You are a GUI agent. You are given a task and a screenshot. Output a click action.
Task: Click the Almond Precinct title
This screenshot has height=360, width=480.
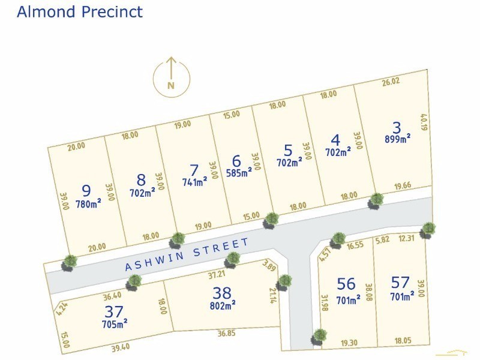point(80,11)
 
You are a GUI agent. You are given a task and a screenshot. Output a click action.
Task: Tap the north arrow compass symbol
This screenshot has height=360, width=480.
point(171,77)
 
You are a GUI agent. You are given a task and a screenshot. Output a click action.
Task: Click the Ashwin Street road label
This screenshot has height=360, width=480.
point(187,255)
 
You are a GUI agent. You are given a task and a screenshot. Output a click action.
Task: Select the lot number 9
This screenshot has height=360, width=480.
point(86,191)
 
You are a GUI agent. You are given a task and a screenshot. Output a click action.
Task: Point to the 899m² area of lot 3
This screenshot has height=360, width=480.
point(397,139)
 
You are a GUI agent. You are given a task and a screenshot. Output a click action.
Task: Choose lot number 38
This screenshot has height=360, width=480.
point(221,293)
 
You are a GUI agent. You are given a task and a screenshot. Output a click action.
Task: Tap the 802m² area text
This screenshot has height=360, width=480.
point(221,305)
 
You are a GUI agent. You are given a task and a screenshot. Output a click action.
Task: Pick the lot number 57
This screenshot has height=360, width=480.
point(400,282)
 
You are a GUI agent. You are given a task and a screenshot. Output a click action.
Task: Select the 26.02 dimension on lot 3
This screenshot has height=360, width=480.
point(391,82)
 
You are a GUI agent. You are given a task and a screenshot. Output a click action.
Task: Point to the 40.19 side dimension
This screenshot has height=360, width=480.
point(424,123)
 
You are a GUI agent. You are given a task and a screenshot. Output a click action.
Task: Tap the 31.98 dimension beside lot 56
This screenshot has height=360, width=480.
point(325,304)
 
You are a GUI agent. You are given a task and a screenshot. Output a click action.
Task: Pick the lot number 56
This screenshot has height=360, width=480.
point(347,284)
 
